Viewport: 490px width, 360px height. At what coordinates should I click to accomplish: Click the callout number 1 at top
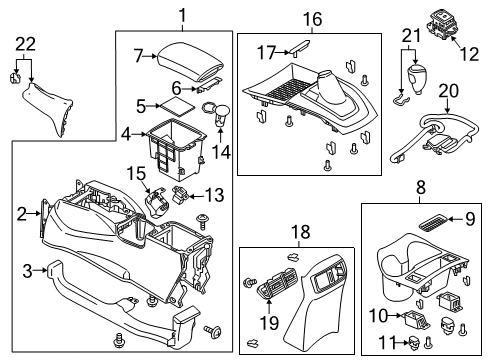(x=182, y=14)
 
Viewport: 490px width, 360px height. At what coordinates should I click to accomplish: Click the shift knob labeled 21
(x=413, y=106)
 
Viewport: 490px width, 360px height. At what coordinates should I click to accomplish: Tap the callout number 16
(x=312, y=18)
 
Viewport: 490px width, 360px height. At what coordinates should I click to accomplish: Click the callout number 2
(x=22, y=211)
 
